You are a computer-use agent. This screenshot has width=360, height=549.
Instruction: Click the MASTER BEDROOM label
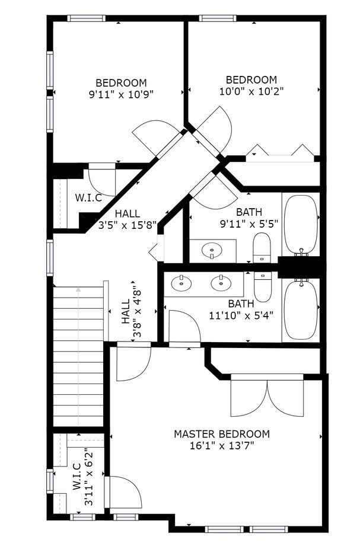(221, 434)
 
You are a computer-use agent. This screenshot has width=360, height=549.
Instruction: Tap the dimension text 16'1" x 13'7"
(221, 446)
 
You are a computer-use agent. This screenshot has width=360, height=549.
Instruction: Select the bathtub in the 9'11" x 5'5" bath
(301, 224)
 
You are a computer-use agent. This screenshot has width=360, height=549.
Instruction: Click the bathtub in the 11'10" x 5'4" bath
(301, 309)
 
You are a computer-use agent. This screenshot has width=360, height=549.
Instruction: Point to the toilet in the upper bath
(262, 248)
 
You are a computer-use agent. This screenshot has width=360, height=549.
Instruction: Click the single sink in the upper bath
(211, 251)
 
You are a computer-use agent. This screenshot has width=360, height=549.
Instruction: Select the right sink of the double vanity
(221, 283)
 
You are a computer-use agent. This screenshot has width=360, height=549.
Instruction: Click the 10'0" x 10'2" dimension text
(251, 91)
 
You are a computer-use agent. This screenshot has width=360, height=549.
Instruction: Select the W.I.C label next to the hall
(88, 197)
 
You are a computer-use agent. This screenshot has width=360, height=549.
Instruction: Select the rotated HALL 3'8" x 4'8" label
(132, 311)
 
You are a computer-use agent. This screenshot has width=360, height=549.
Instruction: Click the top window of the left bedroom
(87, 18)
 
